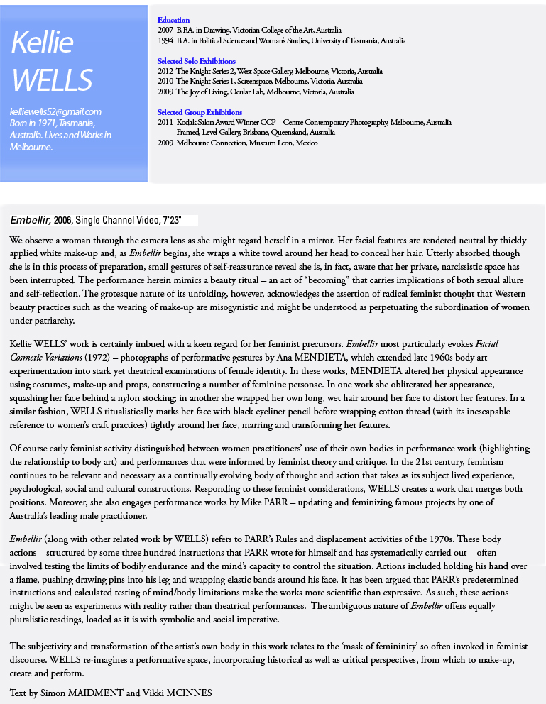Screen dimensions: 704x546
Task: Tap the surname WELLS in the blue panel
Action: (52, 80)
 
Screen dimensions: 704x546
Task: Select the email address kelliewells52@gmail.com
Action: (55, 111)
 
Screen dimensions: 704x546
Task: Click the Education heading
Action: (173, 20)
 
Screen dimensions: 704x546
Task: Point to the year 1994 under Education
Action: (165, 41)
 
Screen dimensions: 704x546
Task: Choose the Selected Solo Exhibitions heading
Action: (196, 61)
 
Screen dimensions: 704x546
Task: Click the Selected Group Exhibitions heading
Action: (200, 112)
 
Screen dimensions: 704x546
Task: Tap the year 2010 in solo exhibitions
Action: (165, 82)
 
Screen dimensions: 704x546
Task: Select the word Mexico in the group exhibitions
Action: (307, 143)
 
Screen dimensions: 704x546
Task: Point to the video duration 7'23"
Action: (177, 220)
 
